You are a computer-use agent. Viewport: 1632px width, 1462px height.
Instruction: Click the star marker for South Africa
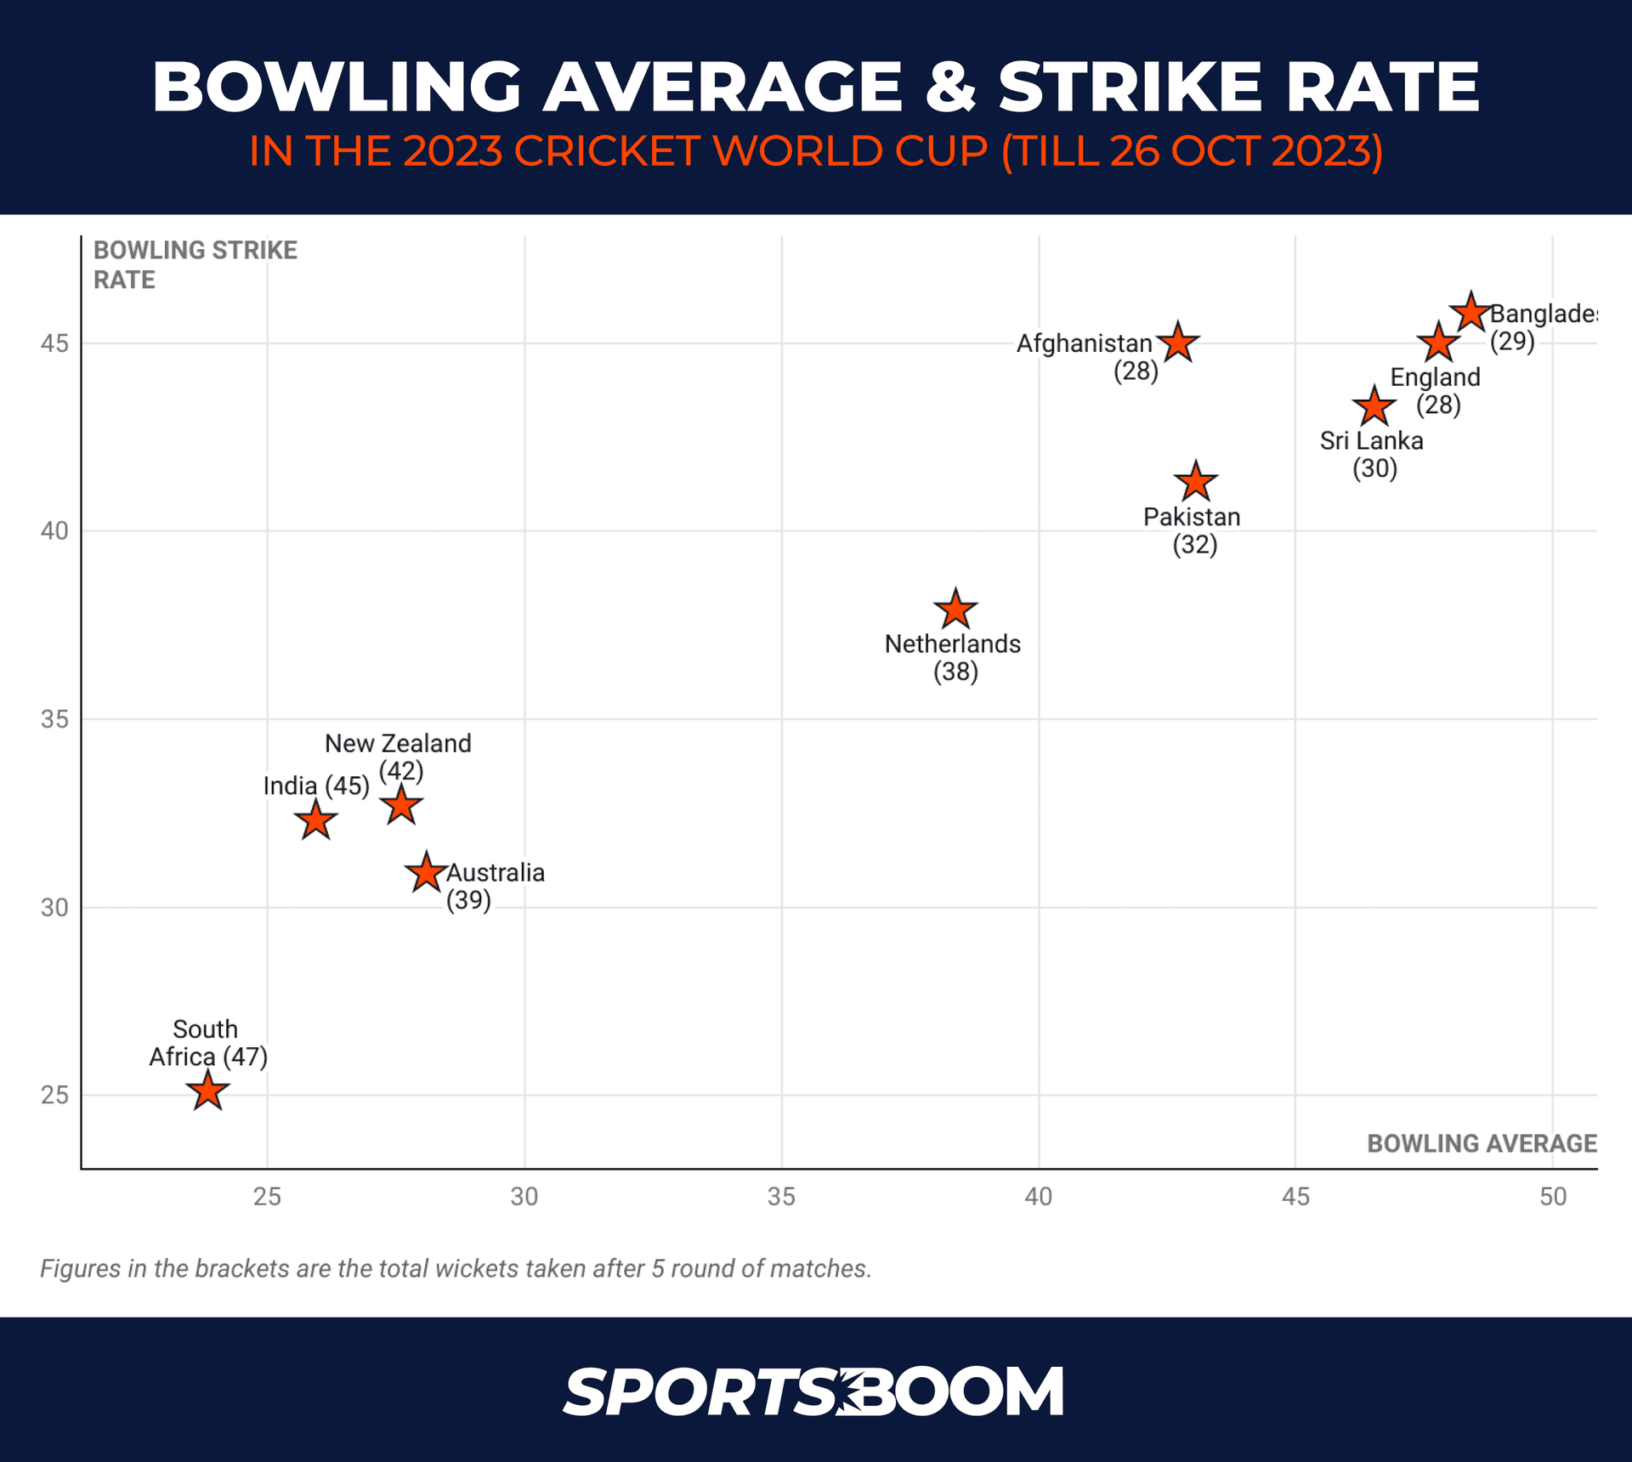click(x=207, y=1091)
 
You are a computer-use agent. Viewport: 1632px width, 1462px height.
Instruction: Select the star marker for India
click(x=315, y=821)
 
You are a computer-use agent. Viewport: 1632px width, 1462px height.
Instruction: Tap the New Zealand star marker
click(x=401, y=806)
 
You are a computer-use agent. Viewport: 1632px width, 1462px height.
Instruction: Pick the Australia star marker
click(x=426, y=873)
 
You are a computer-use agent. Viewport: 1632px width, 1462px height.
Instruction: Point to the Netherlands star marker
click(x=955, y=609)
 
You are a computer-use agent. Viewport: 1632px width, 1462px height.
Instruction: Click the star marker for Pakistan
click(x=1195, y=483)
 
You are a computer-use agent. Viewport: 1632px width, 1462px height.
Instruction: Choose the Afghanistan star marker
click(x=1178, y=343)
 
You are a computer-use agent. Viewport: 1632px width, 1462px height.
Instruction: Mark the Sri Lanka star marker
click(x=1374, y=407)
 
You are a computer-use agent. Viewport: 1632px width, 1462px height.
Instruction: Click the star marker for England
click(x=1438, y=343)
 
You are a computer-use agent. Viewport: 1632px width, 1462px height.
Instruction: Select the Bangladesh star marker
click(x=1470, y=313)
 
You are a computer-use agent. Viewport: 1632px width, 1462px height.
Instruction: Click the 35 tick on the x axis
click(x=781, y=1197)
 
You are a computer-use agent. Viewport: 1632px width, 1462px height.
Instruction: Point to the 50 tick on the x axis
click(x=1552, y=1197)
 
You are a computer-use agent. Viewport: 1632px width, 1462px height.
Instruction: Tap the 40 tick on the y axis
click(x=54, y=531)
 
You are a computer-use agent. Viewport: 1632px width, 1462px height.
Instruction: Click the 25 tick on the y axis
click(x=54, y=1095)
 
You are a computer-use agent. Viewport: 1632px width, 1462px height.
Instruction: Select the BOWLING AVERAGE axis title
click(x=1482, y=1144)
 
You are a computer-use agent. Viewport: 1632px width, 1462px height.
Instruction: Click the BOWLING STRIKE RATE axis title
click(x=195, y=265)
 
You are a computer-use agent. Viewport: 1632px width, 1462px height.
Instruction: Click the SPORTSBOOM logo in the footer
click(x=813, y=1392)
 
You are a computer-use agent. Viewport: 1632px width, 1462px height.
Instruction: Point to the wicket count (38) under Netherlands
click(x=955, y=672)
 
